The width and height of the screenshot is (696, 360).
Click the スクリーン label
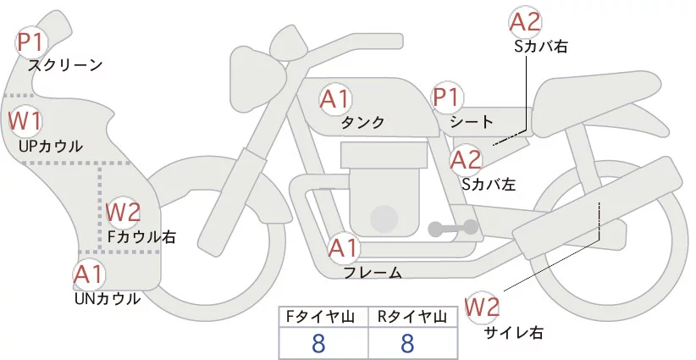click(x=65, y=65)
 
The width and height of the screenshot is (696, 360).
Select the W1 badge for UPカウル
click(x=25, y=121)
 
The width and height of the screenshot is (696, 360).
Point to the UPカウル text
click(x=51, y=146)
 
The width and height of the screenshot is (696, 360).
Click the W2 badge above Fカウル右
click(x=124, y=212)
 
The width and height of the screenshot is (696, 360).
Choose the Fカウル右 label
click(x=141, y=237)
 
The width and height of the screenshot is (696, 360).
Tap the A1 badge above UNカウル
click(x=90, y=274)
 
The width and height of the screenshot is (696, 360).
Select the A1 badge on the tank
click(x=335, y=99)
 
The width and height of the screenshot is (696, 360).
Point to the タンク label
click(x=363, y=123)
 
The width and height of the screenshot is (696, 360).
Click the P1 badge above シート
click(x=446, y=98)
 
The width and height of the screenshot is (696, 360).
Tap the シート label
click(x=472, y=122)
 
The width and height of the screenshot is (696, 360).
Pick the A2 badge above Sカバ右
click(x=525, y=23)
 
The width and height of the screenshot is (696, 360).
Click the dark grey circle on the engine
click(x=385, y=219)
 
